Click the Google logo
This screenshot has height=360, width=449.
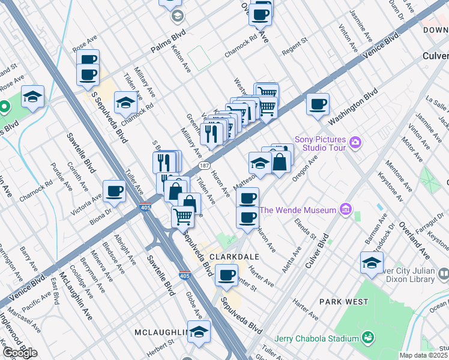pos(20,352)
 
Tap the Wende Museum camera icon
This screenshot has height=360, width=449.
pos(345,209)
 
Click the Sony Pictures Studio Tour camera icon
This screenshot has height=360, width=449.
pos(356,142)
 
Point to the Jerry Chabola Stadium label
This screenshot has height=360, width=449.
pos(316,338)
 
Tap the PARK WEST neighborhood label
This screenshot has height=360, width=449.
pos(342,301)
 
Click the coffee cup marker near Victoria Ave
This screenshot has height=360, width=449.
pos(114,191)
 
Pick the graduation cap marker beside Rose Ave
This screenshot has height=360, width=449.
pos(32,96)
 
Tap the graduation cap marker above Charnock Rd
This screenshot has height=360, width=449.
pos(125,103)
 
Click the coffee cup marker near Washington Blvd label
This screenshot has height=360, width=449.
pos(317,104)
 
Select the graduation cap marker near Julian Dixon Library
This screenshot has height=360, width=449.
pos(372,263)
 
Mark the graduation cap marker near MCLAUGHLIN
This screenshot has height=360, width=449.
pos(199,331)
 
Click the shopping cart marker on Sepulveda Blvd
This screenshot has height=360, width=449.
pos(183,216)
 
